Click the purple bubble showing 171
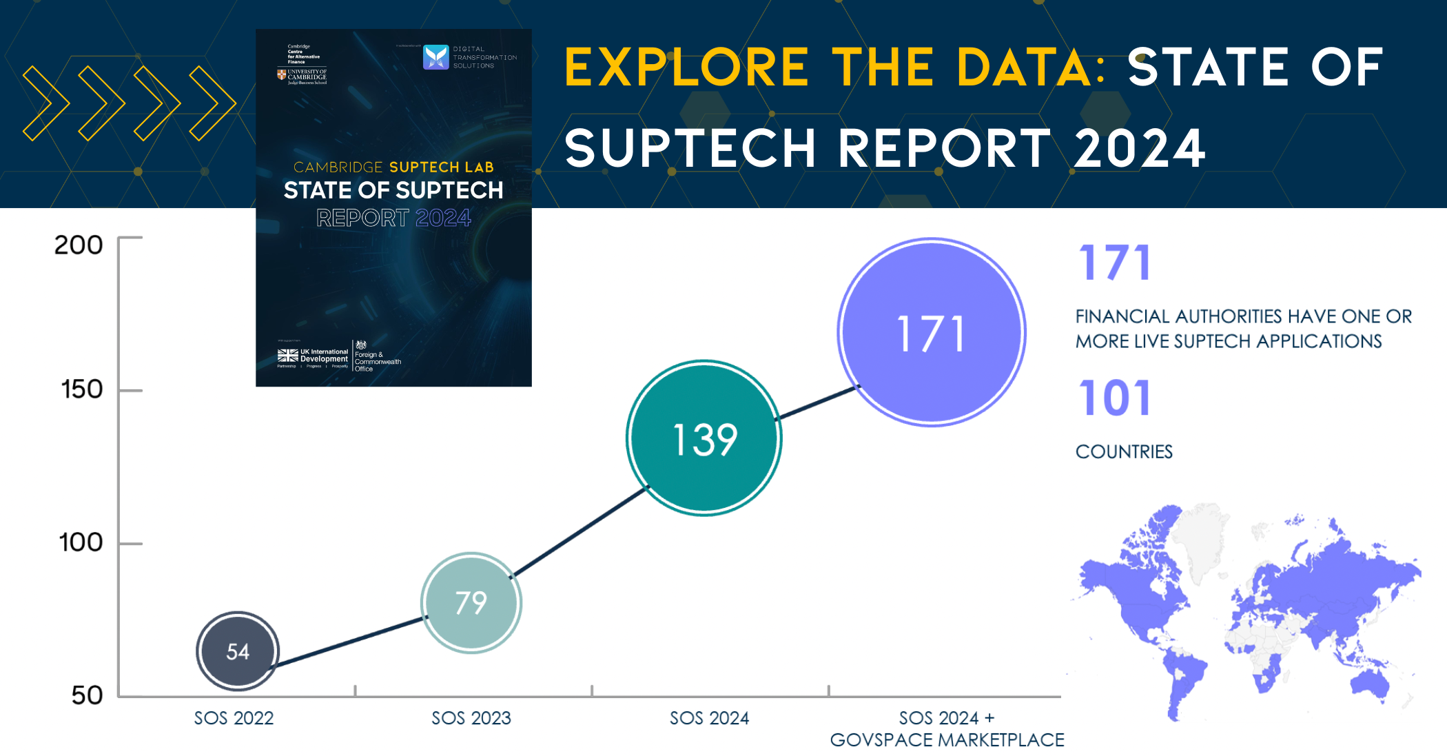coord(932,333)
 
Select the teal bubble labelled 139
coord(704,438)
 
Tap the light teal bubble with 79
coord(471,603)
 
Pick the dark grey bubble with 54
coord(238,651)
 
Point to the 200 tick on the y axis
coord(79,245)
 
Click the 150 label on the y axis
coord(82,389)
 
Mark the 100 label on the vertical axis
coord(81,542)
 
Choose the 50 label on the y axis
coord(87,695)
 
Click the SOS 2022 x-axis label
coord(234,718)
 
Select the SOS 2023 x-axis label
coord(471,718)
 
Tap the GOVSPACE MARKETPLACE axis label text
coord(947,740)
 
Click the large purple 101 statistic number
coord(1115,398)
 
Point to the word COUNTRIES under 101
coord(1124,452)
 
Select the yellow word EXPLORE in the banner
coord(686,68)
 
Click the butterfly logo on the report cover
coord(435,57)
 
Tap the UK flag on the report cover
coord(287,356)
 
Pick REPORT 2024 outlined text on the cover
coord(393,218)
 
